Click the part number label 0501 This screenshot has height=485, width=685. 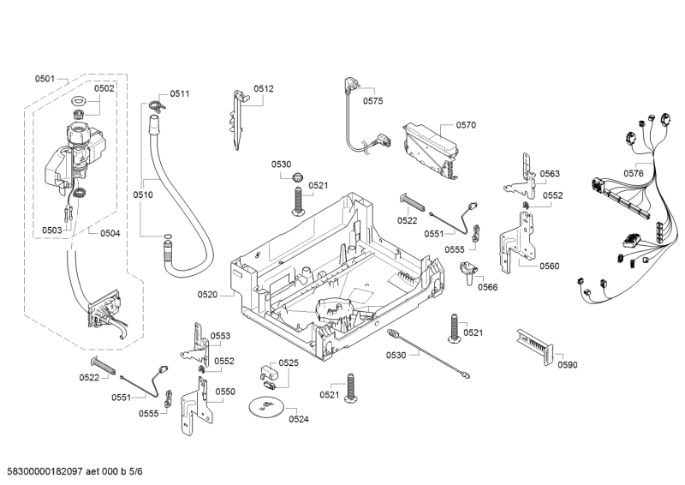point(45,79)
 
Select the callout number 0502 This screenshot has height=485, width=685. point(104,88)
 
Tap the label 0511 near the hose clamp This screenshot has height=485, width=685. point(180,93)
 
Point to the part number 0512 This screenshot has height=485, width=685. point(264,88)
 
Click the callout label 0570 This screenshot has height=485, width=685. point(466,125)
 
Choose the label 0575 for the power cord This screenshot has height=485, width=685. point(372,101)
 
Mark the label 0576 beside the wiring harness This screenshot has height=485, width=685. point(634,173)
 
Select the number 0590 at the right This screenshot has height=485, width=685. point(567,365)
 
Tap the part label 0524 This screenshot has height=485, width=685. point(299,419)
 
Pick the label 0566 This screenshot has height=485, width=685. point(487,287)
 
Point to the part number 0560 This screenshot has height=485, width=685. point(549,266)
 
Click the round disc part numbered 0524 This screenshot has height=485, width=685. point(267,407)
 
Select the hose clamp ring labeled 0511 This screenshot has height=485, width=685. point(153,105)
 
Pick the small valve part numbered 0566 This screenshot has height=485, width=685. point(468,272)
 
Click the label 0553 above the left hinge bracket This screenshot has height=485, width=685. point(221,336)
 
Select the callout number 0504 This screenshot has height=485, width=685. point(110,233)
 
